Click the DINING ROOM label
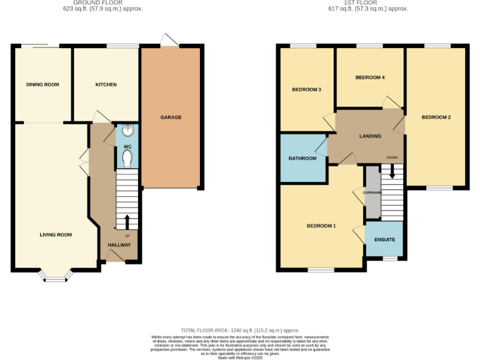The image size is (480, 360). (42, 84)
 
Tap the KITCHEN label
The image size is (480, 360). (106, 84)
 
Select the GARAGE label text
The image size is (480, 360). (171, 117)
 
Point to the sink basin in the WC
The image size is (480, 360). (127, 131)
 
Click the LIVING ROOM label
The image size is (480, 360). (56, 235)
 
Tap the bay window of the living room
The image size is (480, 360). (56, 276)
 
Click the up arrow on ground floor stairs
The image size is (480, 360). (127, 222)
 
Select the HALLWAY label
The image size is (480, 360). (119, 244)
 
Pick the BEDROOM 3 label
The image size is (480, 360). (306, 89)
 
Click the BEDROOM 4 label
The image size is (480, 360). (369, 77)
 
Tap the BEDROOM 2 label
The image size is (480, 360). (436, 117)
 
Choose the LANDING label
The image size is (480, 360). (370, 136)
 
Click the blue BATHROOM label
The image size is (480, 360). (302, 158)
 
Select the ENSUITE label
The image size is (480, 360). (384, 239)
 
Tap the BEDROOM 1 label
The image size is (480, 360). (321, 226)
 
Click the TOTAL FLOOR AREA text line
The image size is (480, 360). (240, 329)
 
